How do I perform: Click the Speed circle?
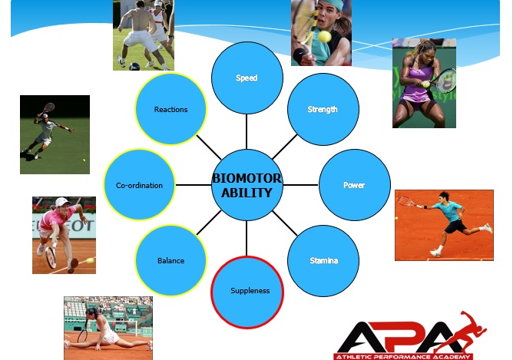pos(247,78)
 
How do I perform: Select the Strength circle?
pos(323,109)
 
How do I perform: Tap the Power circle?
pos(355,185)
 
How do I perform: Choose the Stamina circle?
pos(323,261)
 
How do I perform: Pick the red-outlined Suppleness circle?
pos(247,292)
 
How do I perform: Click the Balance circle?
pos(170,261)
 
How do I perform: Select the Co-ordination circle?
pos(139,185)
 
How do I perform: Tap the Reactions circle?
pos(170,109)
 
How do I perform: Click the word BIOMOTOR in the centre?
pos(247,178)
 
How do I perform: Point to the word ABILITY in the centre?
pos(247,193)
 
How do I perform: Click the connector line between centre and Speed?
pos(247,131)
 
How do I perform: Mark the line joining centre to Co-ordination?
pos(194,185)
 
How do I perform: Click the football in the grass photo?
pos(134,66)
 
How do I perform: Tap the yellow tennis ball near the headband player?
pos(324,37)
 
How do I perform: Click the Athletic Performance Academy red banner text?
pos(403,357)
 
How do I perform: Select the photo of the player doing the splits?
pos(108,328)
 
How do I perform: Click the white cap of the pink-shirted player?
pos(62,202)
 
